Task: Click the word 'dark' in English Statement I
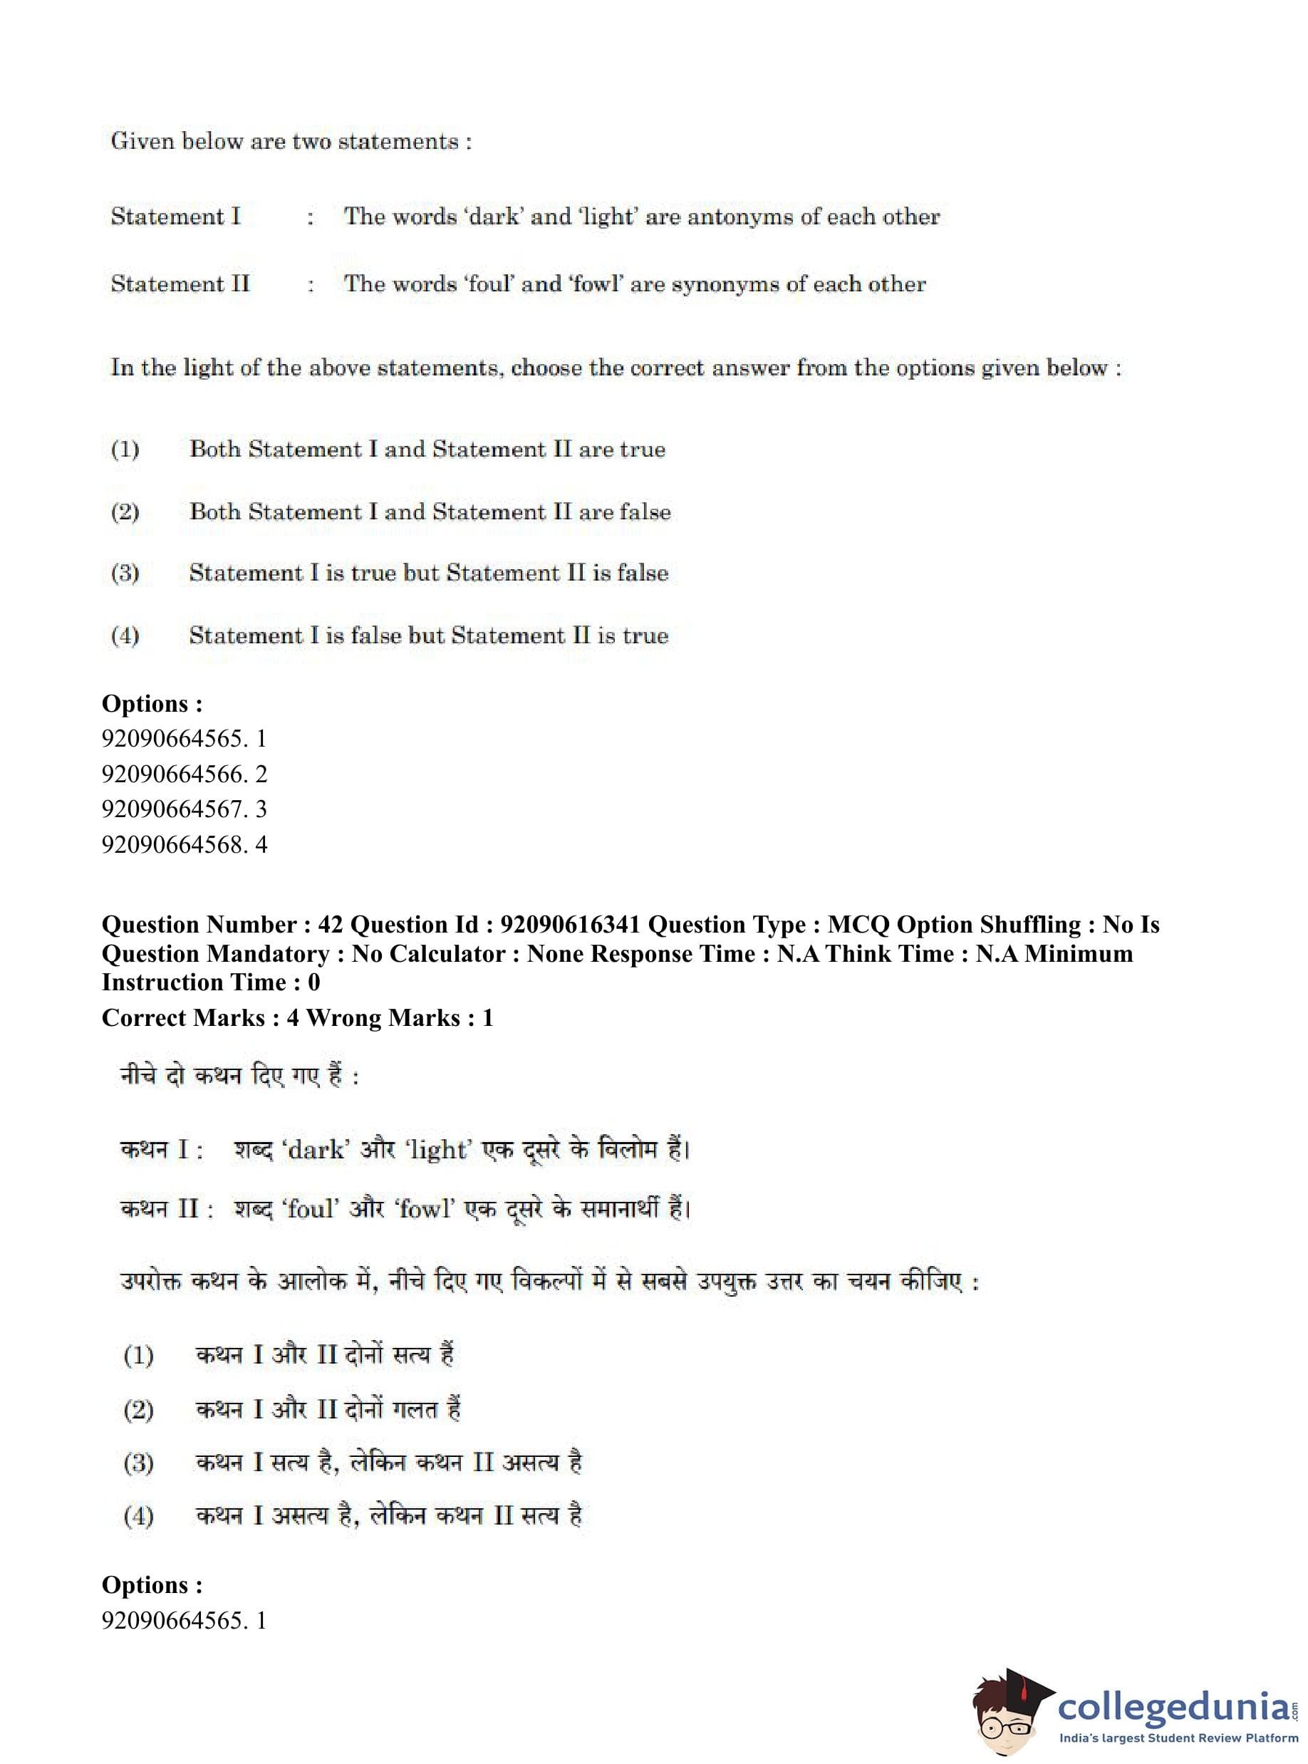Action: (494, 217)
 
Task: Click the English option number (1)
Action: (125, 450)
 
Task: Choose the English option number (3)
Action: (125, 574)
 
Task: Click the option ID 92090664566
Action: (173, 774)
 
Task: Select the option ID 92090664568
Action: (173, 844)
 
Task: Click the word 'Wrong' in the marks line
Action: (340, 1017)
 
